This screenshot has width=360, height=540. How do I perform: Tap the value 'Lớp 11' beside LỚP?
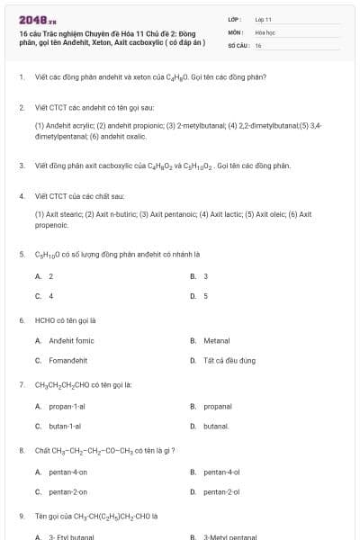[x=263, y=18]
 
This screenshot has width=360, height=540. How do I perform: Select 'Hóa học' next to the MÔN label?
[x=264, y=31]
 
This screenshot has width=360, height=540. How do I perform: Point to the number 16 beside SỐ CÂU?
[x=258, y=44]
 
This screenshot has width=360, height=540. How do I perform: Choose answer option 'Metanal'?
[x=216, y=341]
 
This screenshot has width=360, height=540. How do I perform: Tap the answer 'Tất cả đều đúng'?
[x=229, y=361]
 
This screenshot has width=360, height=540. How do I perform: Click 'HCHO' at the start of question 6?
[x=45, y=319]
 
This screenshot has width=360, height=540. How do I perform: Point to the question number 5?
[x=22, y=254]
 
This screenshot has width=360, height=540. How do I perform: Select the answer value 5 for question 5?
[x=205, y=295]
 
